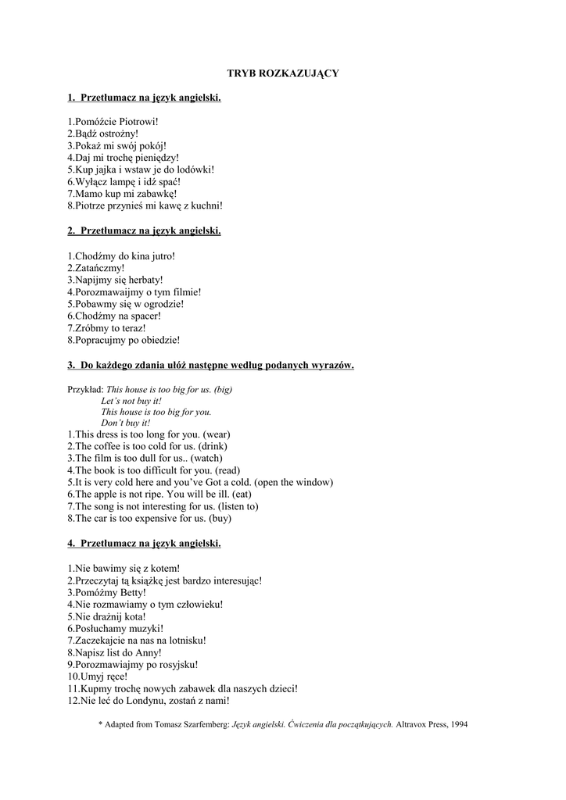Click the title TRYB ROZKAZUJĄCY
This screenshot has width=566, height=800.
point(283,73)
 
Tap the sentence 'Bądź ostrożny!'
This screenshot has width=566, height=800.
point(102,134)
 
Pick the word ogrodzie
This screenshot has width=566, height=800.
point(162,304)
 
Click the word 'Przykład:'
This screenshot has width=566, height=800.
point(85,389)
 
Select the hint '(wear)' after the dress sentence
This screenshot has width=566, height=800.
point(217,434)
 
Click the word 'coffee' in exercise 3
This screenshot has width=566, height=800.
point(109,446)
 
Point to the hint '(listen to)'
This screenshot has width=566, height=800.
point(232,506)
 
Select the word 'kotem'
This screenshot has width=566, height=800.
point(162,568)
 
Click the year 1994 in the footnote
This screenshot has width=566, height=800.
point(456,724)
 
